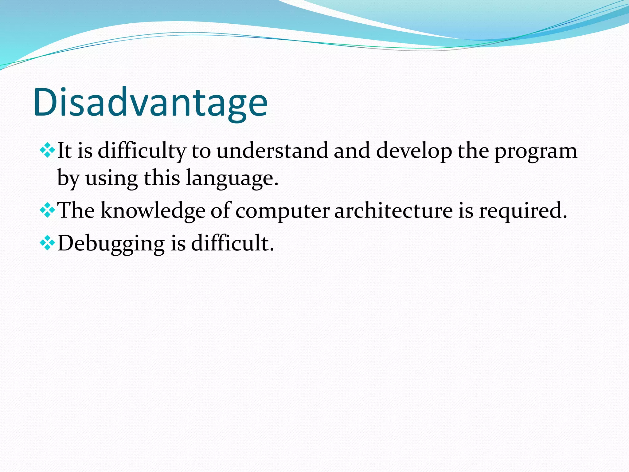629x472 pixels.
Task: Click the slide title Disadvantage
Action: pyautogui.click(x=150, y=102)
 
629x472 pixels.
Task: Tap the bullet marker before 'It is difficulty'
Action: pyautogui.click(x=47, y=151)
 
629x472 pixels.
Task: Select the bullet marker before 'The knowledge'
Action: pyautogui.click(x=47, y=211)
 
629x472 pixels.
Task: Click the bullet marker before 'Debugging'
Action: pyautogui.click(x=47, y=243)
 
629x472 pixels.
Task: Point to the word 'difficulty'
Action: pyautogui.click(x=142, y=151)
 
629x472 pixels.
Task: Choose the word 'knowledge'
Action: pyautogui.click(x=153, y=211)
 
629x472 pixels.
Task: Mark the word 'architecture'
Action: pyautogui.click(x=393, y=211)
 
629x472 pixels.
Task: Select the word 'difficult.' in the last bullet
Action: pyautogui.click(x=232, y=243)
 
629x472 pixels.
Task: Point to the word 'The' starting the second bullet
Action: pyautogui.click(x=76, y=210)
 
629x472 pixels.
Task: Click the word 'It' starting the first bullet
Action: pyautogui.click(x=64, y=151)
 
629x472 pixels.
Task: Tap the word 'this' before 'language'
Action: pyautogui.click(x=162, y=178)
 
